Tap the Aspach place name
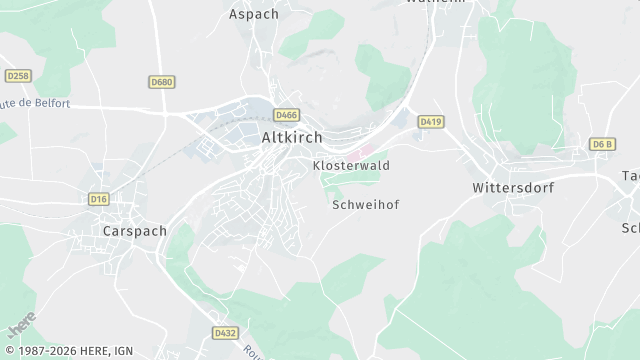point(253,14)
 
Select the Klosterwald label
point(351,165)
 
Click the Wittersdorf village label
point(513,187)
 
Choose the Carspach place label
point(134,230)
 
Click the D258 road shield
point(17,76)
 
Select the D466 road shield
point(286,115)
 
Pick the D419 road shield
point(431,121)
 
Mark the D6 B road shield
point(602,145)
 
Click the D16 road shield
point(98,199)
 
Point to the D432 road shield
point(225,331)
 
